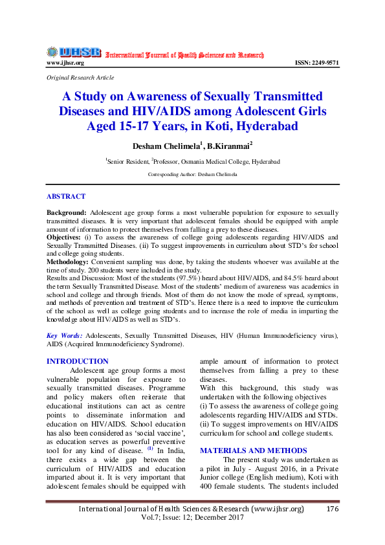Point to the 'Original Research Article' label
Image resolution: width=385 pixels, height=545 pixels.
point(80,77)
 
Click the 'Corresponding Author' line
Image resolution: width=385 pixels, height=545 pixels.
point(192,175)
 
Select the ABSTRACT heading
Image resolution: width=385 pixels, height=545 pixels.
point(65,196)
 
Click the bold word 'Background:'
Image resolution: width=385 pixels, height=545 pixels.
point(67,212)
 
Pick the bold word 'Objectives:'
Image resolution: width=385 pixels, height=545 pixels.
point(66,238)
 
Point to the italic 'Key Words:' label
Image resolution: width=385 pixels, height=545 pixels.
point(64,336)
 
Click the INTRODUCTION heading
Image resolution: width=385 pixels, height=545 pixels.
point(77,361)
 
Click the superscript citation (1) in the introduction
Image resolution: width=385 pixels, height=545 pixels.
point(149,447)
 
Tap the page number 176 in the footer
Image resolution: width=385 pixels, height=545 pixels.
point(332,509)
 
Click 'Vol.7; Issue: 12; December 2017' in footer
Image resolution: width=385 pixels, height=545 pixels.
point(192,519)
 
